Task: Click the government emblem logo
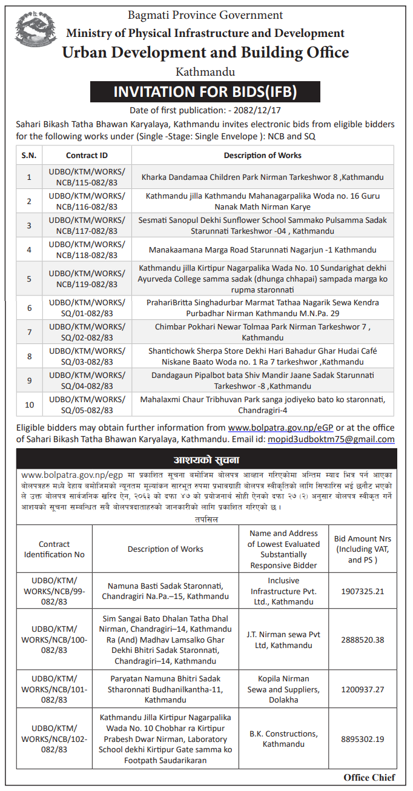(x=36, y=32)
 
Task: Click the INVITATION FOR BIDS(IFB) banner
(x=205, y=91)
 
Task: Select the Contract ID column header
(x=87, y=156)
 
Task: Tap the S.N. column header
(x=28, y=156)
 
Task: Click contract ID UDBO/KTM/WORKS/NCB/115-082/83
(x=87, y=178)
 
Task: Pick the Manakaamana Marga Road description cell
(x=262, y=250)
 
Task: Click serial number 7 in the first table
(x=28, y=333)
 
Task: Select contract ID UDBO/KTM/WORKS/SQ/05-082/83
(x=87, y=405)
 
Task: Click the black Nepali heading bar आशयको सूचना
(x=206, y=459)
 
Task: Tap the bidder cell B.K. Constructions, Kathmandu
(x=283, y=739)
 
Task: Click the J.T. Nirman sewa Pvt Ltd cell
(x=283, y=640)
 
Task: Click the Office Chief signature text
(x=369, y=777)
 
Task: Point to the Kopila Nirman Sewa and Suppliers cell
(x=283, y=689)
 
